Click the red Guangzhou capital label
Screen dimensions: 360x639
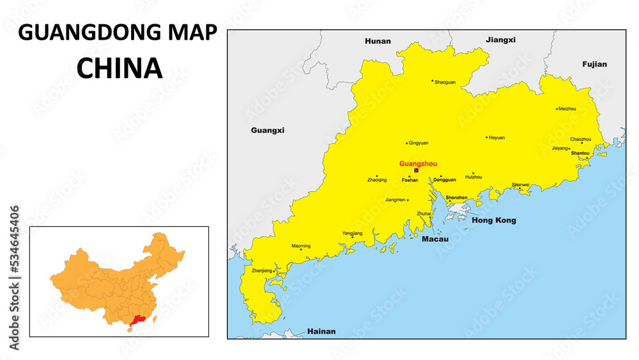(418, 164)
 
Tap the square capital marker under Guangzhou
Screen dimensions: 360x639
(416, 171)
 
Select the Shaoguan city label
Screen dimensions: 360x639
(445, 82)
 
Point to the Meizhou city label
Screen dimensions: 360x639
(567, 109)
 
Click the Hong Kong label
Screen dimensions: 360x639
(493, 220)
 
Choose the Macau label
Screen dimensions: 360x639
(435, 239)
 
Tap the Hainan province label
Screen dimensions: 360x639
(321, 331)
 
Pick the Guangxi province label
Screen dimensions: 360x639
(267, 130)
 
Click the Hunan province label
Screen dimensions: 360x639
(377, 41)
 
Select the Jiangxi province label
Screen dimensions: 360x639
(500, 40)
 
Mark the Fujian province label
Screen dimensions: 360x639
(594, 64)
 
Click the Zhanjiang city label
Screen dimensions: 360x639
(261, 271)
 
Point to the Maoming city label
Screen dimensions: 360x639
(301, 246)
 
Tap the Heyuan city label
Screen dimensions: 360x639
(497, 137)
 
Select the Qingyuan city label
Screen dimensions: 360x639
(419, 143)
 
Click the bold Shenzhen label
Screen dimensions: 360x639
(456, 198)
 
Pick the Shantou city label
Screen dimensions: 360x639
(580, 153)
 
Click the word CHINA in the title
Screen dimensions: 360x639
(119, 68)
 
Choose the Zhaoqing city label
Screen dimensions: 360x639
(377, 180)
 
